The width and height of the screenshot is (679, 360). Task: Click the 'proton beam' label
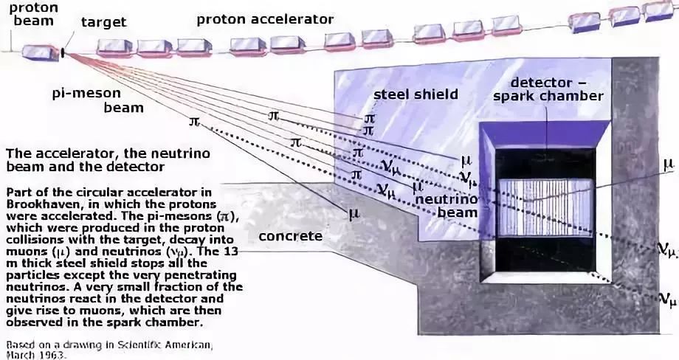(32, 13)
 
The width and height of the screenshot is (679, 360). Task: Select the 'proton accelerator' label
(265, 19)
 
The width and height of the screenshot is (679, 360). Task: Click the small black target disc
(63, 52)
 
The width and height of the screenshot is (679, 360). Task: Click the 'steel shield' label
(416, 94)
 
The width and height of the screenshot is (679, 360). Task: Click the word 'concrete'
(291, 237)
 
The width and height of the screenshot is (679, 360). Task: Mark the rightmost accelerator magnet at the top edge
(658, 9)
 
